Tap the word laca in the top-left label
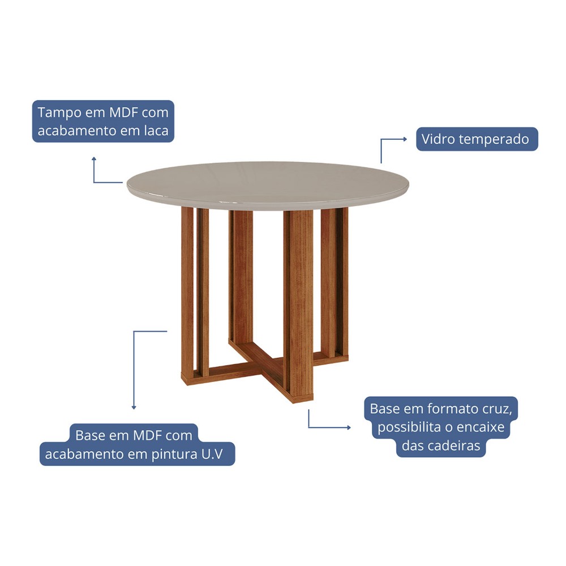[156, 131]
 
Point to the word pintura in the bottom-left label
[174, 454]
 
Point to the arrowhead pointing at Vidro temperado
[405, 139]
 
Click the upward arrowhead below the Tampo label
[94, 158]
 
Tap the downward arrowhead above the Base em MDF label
[134, 408]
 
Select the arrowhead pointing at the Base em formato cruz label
[349, 428]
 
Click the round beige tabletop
[268, 186]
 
